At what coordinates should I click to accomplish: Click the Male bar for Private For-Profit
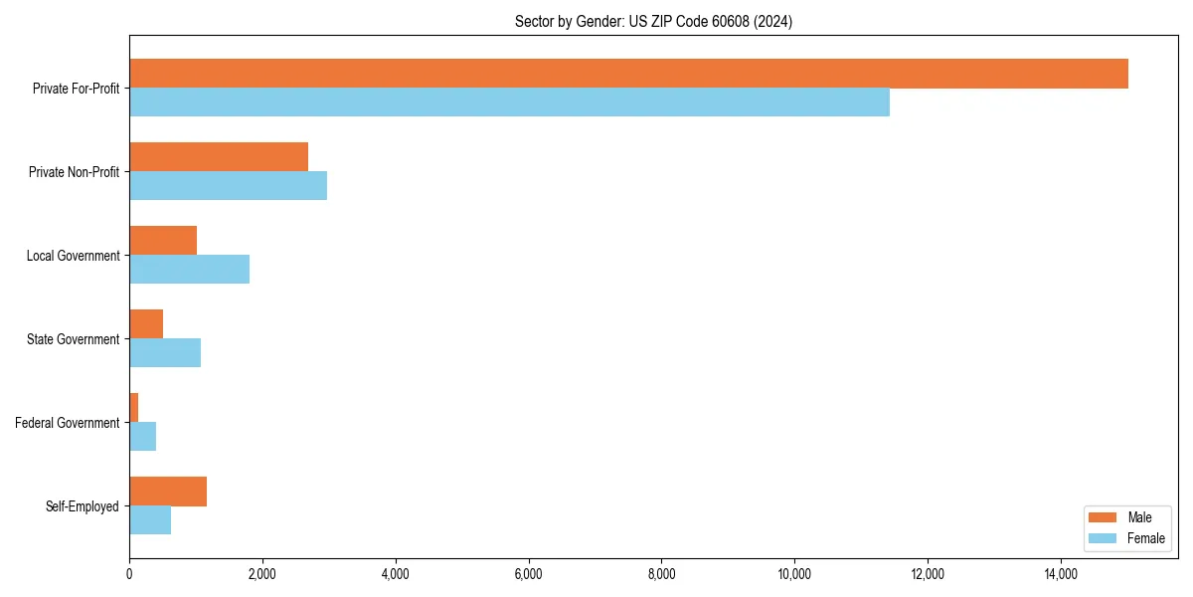(628, 74)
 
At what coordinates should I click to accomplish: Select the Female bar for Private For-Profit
(509, 102)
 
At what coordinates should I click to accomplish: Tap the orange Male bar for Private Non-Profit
(219, 157)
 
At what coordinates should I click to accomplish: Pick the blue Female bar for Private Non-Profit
(228, 186)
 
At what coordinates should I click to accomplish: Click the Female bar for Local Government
(189, 270)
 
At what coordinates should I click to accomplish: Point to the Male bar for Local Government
(163, 241)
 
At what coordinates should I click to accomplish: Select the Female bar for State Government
(165, 353)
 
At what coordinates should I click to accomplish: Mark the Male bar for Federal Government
(134, 408)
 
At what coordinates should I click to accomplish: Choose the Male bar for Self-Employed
(168, 492)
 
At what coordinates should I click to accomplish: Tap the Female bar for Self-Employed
(150, 520)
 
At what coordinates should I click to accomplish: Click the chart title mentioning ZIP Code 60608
(653, 21)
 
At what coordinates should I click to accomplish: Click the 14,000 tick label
(1061, 573)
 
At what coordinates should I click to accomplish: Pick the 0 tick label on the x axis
(129, 573)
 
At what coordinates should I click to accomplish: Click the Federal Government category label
(68, 423)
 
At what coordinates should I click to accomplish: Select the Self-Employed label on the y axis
(83, 506)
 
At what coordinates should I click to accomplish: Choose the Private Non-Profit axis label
(74, 172)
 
